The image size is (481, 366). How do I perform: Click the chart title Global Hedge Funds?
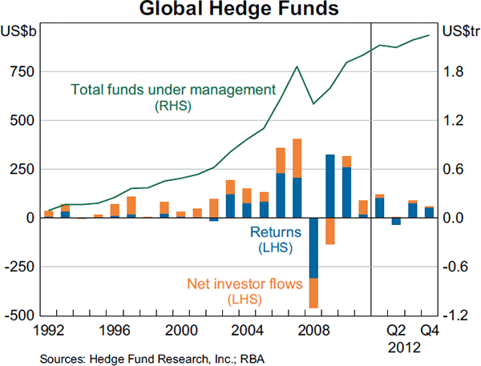[239, 10]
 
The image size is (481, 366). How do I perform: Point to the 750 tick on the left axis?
[21, 71]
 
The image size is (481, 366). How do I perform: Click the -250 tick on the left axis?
[18, 266]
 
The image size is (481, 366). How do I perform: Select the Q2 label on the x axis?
[396, 329]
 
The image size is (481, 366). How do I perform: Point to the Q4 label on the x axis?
[430, 329]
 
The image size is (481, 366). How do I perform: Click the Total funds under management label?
[173, 89]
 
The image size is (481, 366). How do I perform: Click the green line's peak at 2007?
[297, 66]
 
